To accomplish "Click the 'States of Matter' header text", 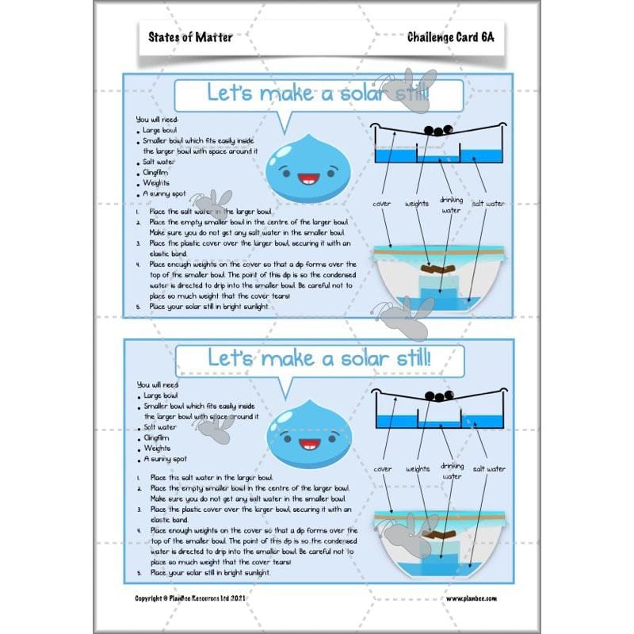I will tap(190, 36).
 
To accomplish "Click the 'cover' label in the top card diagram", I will tap(382, 204).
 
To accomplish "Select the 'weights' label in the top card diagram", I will tap(418, 204).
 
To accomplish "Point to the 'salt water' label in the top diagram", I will tap(488, 204).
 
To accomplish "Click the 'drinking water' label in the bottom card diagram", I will tap(452, 472).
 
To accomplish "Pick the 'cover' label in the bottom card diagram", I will tap(382, 468).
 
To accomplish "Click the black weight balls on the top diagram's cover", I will tap(437, 131).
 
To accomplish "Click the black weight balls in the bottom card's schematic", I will tap(437, 395).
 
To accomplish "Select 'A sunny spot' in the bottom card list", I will tap(165, 459).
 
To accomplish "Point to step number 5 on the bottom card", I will tap(138, 571).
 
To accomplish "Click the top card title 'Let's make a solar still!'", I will tap(319, 94).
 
